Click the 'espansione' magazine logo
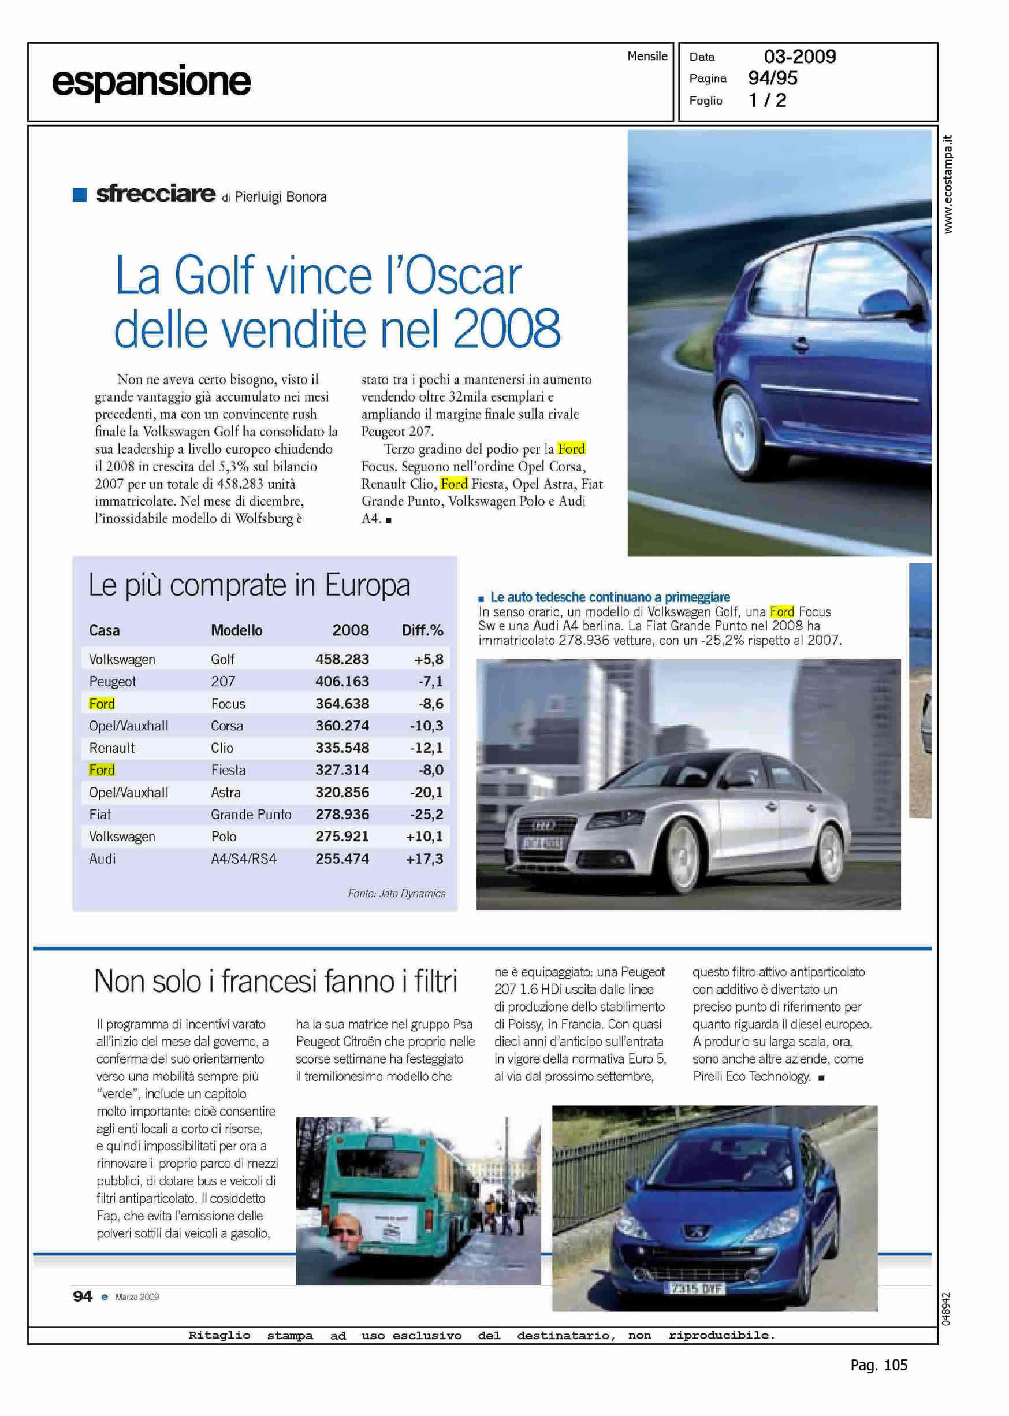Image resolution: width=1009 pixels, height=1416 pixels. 151,82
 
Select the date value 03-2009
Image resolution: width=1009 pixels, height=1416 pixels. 799,57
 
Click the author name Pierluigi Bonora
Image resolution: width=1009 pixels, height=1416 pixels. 280,197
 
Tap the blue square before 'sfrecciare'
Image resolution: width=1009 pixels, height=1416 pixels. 80,195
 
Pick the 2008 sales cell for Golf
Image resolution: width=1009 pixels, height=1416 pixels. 342,659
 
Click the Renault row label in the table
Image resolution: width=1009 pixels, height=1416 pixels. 112,748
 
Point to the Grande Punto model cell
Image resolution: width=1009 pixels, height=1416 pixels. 251,815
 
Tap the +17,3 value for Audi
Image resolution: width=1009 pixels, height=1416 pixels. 425,858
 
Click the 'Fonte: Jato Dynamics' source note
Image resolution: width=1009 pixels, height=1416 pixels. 396,894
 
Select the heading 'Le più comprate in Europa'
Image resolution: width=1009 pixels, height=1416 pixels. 249,585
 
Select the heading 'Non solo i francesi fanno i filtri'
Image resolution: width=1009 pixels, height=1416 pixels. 275,982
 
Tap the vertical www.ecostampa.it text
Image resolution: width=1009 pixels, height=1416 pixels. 948,184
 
